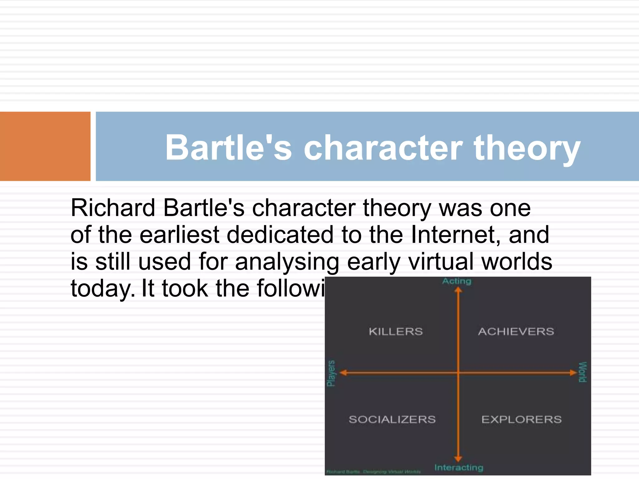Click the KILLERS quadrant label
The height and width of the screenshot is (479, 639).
pos(396,331)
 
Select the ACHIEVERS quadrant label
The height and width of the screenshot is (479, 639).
pos(516,331)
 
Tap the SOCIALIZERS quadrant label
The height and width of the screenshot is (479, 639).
pos(392,419)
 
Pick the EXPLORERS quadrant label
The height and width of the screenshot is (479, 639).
pos(521,419)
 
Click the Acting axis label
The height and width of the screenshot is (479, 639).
pos(457,281)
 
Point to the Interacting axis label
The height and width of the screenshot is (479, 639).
pos(459,467)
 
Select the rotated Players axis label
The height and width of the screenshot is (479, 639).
pos(331,373)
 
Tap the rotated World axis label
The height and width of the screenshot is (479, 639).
pos(583,372)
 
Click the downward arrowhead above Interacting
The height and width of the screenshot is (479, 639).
pos(458,458)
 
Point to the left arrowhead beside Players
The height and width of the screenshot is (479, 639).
pos(343,373)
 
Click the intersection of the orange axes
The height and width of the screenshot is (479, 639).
pos(458,373)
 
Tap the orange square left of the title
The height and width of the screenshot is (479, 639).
pos(45,146)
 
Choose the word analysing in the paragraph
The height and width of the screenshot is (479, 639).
pos(287,262)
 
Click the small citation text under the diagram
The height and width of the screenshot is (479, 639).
pos(373,472)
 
